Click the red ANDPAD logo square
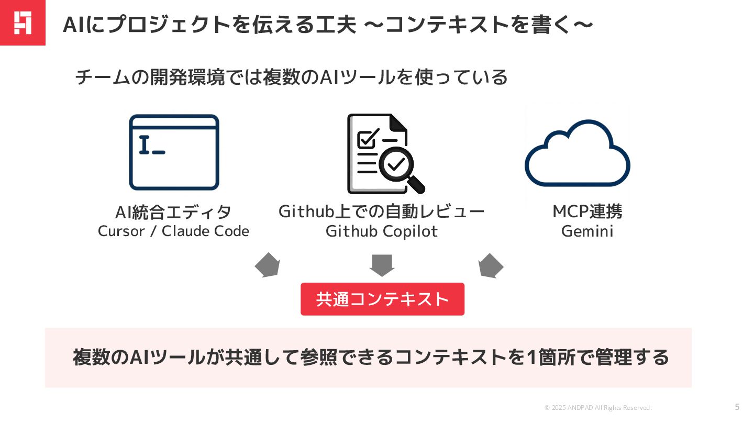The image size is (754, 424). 23,23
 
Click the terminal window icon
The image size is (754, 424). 174,152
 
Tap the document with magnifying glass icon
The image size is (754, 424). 384,154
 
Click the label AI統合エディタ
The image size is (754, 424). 173,213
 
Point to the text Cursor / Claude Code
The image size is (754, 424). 173,231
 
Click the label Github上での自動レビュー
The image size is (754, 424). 381,212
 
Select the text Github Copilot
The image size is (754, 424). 381,231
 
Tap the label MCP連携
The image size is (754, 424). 587,212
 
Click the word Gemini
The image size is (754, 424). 587,231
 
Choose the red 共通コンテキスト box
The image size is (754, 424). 382,299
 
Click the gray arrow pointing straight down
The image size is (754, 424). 382,265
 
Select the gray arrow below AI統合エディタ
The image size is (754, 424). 268,265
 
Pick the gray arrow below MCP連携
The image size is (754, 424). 490,266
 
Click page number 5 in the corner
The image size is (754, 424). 737,407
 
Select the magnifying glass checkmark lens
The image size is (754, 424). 396,164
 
